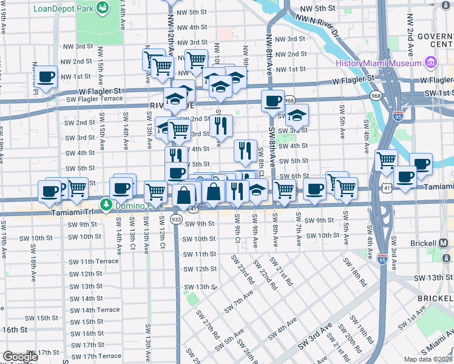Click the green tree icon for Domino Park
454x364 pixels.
pyautogui.click(x=106, y=204)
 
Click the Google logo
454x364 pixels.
pyautogui.click(x=20, y=357)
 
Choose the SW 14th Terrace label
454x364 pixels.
pyautogui.click(x=95, y=310)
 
